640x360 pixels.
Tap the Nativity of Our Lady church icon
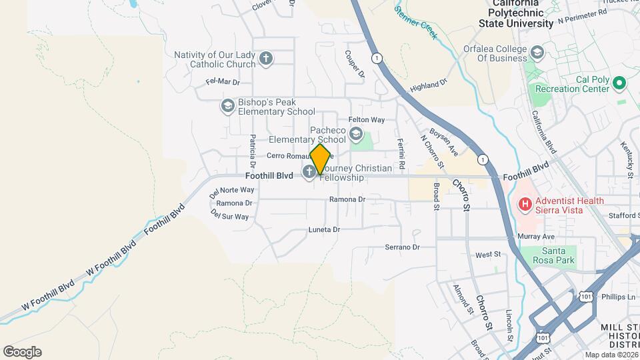click(266, 59)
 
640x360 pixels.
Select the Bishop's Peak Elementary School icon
click(228, 106)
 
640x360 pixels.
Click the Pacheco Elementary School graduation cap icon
click(356, 133)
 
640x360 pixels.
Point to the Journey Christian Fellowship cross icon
click(309, 173)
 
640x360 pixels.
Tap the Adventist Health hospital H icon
click(525, 205)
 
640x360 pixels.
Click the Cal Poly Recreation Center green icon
click(619, 83)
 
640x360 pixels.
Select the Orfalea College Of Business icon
click(537, 52)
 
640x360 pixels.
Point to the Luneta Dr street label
click(324, 229)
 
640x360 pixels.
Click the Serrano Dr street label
click(402, 247)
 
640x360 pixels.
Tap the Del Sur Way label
click(229, 216)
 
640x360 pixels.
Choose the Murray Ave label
click(539, 237)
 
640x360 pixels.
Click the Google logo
click(22, 351)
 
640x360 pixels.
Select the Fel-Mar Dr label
click(223, 83)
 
